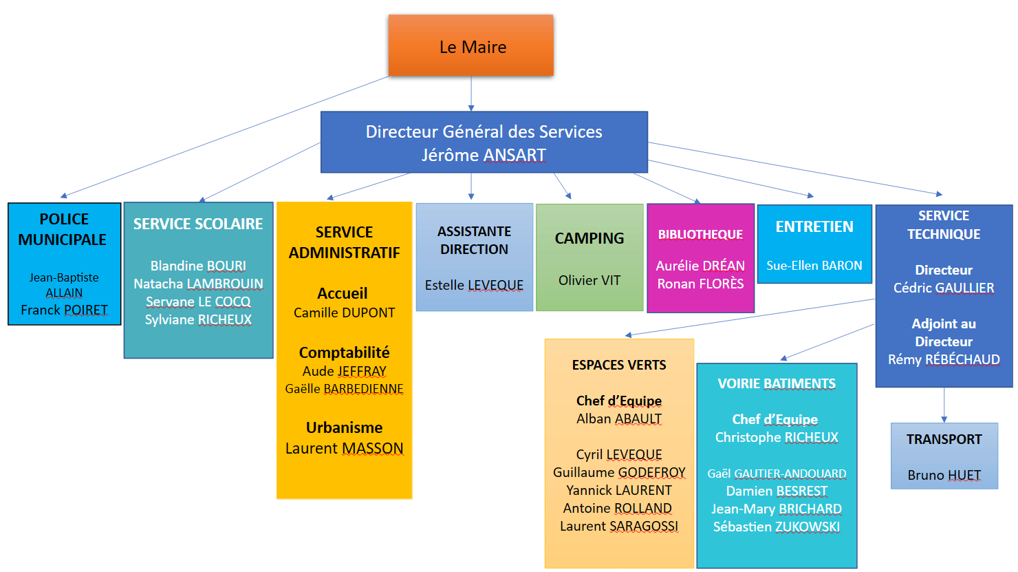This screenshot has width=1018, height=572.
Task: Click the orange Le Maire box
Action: click(471, 45)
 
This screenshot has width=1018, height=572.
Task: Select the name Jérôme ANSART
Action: click(484, 156)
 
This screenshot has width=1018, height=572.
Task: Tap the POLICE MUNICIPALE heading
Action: click(63, 229)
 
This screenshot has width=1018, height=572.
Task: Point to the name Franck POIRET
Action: click(64, 310)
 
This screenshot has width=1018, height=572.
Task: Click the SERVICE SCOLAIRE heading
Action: click(198, 224)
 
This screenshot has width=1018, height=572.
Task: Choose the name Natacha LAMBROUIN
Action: click(198, 284)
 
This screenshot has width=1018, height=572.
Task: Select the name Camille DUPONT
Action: click(344, 313)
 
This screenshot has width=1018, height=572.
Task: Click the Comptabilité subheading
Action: click(344, 352)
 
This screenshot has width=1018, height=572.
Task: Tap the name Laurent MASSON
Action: click(344, 449)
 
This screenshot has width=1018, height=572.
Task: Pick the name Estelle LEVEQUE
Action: click(474, 285)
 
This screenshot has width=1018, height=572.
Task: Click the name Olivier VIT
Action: click(589, 280)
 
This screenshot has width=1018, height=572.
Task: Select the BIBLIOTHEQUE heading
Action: click(700, 235)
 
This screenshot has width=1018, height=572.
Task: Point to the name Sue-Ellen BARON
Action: click(814, 266)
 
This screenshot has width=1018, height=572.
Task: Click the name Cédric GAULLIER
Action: click(944, 288)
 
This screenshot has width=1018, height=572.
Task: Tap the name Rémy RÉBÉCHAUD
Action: click(944, 359)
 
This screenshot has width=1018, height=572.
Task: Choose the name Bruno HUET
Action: click(944, 475)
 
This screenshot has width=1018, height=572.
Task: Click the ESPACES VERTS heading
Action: click(619, 365)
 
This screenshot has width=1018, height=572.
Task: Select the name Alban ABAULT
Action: click(619, 419)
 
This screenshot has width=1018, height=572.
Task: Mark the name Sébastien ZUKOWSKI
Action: click(777, 527)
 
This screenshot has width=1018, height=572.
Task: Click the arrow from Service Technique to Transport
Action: click(944, 405)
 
